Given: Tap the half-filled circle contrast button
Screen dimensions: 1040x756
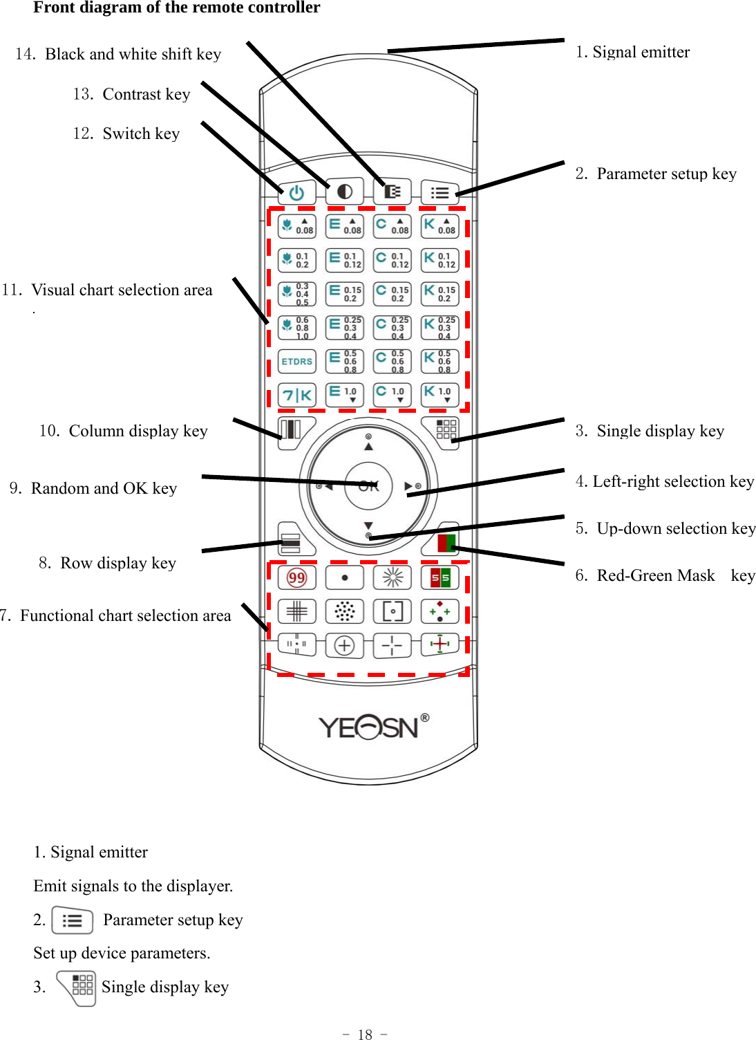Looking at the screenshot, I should point(344,192).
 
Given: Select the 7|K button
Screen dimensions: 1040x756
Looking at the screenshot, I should point(296,395).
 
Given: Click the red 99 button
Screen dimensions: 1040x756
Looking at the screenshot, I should point(296,577).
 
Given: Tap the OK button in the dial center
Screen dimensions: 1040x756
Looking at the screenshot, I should point(368,486).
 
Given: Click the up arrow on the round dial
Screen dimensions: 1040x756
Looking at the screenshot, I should point(368,446).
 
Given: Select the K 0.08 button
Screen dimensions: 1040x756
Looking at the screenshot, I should point(440,226).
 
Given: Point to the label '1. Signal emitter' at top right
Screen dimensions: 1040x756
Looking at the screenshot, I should point(632,53).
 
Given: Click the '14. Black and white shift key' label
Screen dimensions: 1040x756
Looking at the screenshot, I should point(118,55).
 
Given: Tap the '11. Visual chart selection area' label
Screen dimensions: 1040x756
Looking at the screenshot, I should point(107,290).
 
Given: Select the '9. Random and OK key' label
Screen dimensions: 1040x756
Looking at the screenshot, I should point(93,489).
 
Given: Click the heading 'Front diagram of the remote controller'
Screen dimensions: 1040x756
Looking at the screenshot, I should point(176,8).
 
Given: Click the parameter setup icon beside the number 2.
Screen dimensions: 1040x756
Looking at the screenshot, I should point(72,920).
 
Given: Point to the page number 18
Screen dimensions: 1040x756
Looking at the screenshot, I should point(365,1034).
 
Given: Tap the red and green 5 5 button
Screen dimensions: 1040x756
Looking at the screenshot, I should point(440,577).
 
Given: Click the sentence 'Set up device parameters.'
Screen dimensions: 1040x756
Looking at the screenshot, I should point(122,954).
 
